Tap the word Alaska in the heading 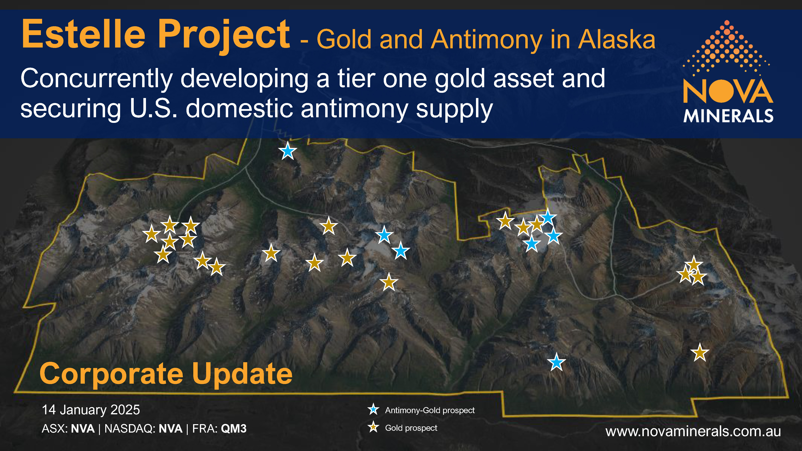point(617,39)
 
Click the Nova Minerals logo point(728,71)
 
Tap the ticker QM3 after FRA point(234,429)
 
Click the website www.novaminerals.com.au point(693,431)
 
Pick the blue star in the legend point(373,410)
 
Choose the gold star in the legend point(373,427)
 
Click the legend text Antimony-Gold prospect point(430,410)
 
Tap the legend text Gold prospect point(411,428)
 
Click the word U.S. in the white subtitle point(154,109)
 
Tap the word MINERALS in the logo point(728,116)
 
